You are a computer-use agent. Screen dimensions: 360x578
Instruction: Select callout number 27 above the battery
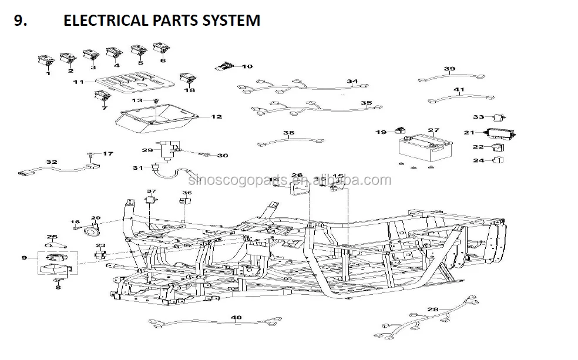pyautogui.click(x=433, y=130)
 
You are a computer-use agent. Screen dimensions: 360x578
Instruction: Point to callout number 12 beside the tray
pyautogui.click(x=217, y=117)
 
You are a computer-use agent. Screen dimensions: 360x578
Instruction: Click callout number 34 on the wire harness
pyautogui.click(x=352, y=82)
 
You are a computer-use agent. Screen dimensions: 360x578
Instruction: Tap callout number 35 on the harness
pyautogui.click(x=366, y=103)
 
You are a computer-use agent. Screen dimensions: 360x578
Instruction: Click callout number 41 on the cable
pyautogui.click(x=459, y=90)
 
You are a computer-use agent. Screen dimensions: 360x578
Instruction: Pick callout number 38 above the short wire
pyautogui.click(x=288, y=133)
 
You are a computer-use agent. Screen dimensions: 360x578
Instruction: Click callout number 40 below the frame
pyautogui.click(x=236, y=318)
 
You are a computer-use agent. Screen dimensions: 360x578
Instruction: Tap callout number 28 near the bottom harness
pyautogui.click(x=433, y=309)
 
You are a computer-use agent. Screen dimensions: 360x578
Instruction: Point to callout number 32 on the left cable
pyautogui.click(x=52, y=162)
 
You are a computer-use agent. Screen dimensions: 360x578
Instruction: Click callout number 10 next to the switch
pyautogui.click(x=247, y=66)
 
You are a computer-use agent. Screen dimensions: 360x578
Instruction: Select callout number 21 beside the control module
pyautogui.click(x=469, y=133)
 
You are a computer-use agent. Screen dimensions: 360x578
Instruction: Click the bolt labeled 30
pyautogui.click(x=205, y=155)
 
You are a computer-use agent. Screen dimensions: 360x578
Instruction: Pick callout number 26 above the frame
pyautogui.click(x=297, y=175)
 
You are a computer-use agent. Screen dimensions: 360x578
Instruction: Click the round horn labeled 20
pyautogui.click(x=91, y=231)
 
